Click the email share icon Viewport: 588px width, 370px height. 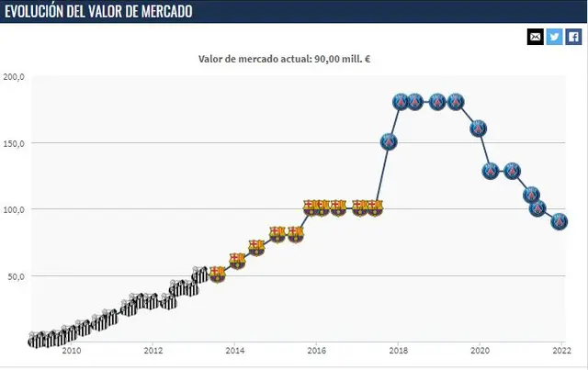(535, 37)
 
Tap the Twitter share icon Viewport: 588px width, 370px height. (554, 37)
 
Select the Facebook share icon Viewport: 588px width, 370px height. (573, 37)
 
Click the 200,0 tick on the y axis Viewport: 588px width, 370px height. (14, 77)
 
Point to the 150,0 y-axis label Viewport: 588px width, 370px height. (14, 143)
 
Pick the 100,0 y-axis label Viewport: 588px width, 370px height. (14, 209)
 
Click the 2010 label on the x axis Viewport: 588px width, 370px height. (71, 351)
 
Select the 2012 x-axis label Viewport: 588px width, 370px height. (153, 351)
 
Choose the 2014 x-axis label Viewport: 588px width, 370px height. (234, 351)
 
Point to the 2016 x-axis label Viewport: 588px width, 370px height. (316, 351)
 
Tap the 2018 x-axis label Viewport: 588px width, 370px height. (398, 351)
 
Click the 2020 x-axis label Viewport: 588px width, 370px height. (480, 351)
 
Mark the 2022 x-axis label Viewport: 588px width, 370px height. (561, 351)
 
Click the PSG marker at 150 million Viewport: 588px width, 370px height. (389, 142)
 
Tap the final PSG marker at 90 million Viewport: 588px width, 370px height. (560, 221)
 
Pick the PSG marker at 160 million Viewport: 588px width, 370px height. (479, 129)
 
